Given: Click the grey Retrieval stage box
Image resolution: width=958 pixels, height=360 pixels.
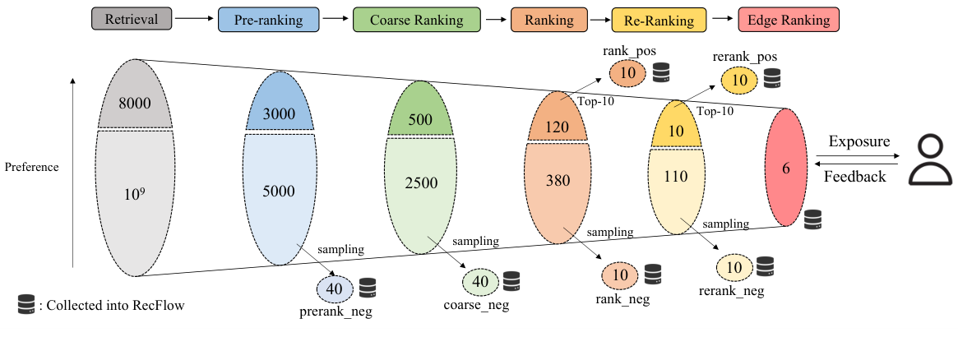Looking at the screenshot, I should coord(132,20).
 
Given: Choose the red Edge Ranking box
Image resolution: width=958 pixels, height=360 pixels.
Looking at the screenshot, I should coord(789,20).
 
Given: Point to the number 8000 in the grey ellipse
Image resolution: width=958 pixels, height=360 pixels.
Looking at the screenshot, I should coord(135,104).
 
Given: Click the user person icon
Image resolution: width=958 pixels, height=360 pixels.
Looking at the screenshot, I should coord(931,159).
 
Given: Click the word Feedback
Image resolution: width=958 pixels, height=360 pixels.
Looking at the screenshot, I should coord(856,177).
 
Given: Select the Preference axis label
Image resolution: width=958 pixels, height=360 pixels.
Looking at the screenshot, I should coord(31,167).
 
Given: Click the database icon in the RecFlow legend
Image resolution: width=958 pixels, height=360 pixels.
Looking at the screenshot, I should coord(27,305).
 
